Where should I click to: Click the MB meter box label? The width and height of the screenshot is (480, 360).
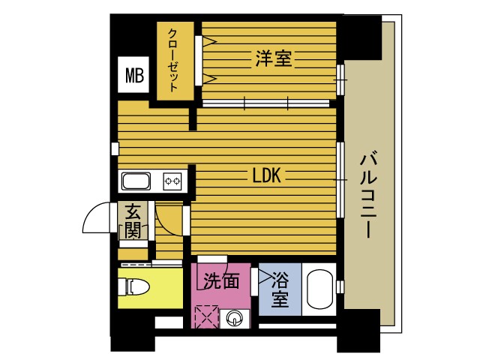[135, 75]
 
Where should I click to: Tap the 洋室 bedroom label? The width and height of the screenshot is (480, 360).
[274, 58]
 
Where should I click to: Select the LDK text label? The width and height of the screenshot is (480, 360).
[265, 176]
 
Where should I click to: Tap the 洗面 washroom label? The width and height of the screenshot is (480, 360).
[222, 281]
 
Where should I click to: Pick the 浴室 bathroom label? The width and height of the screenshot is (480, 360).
[280, 289]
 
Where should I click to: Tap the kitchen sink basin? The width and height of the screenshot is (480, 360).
[136, 181]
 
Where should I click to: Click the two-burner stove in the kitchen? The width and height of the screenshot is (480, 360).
[173, 181]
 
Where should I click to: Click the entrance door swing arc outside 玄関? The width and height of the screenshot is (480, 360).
[95, 220]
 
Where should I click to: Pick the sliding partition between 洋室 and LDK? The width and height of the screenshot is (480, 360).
[268, 102]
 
